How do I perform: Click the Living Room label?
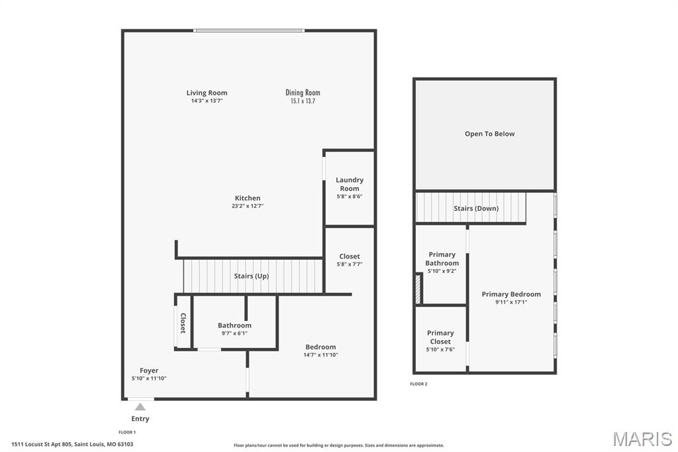(207, 93)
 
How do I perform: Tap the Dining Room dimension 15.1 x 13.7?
(303, 101)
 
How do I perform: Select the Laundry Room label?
(349, 184)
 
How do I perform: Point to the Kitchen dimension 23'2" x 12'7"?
(247, 206)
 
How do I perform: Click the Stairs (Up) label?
(251, 276)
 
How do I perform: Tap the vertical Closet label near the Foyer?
(183, 323)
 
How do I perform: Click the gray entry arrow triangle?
(140, 407)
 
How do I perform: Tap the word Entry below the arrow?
(140, 419)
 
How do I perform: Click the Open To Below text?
(489, 134)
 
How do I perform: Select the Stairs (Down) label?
(476, 208)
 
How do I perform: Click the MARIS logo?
(642, 439)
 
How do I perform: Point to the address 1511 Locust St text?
(72, 445)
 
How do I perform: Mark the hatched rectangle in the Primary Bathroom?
(418, 290)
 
